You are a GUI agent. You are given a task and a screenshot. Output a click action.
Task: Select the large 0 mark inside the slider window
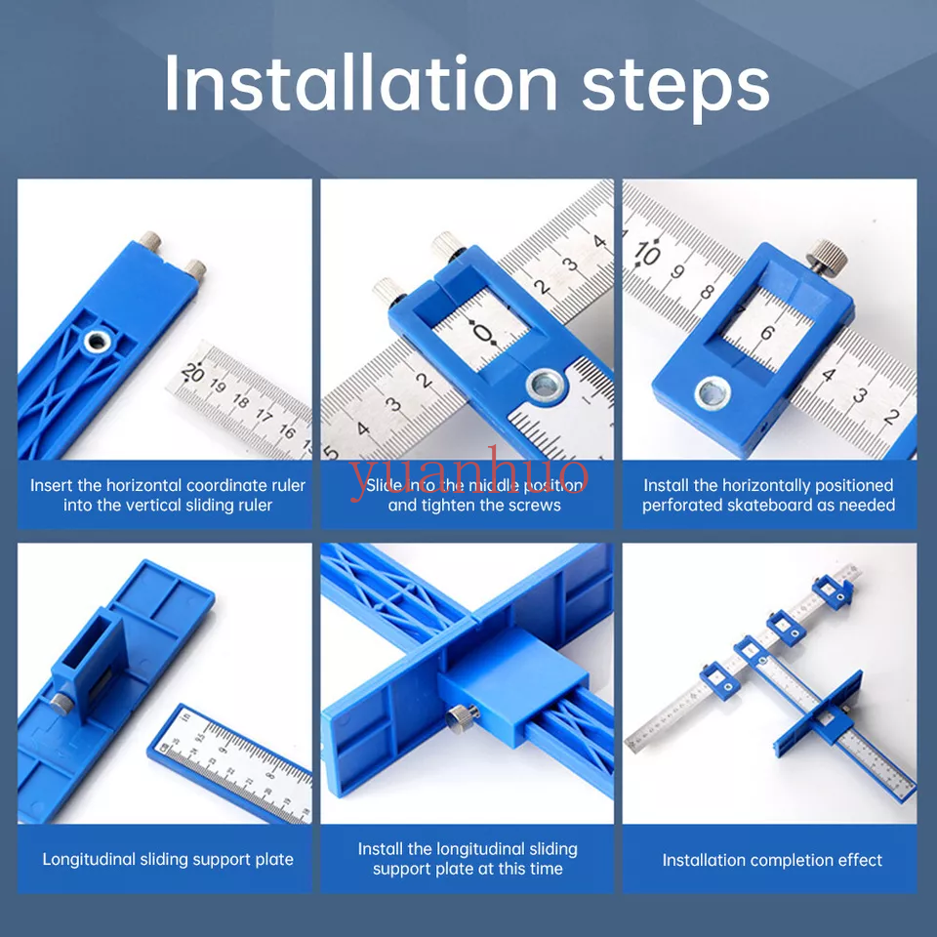tap(483, 335)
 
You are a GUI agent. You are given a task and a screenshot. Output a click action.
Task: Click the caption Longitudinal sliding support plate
tap(168, 860)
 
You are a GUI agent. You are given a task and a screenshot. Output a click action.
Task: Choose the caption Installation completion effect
tap(771, 860)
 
